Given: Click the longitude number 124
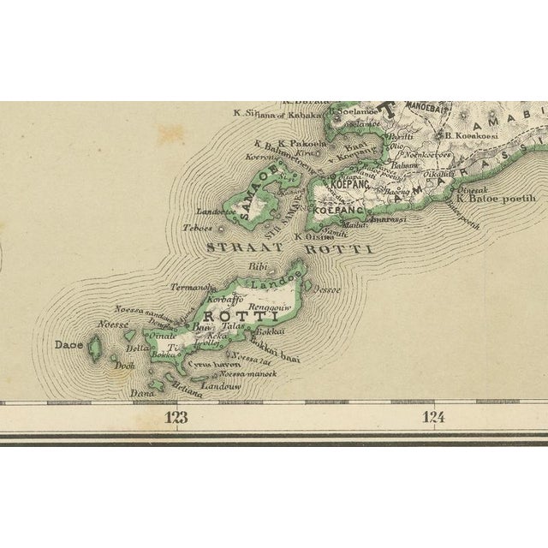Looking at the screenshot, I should click(435, 418).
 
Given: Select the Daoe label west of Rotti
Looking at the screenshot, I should click(68, 344).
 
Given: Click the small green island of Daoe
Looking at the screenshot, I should click(94, 346).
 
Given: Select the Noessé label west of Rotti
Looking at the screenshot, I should click(113, 325).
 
